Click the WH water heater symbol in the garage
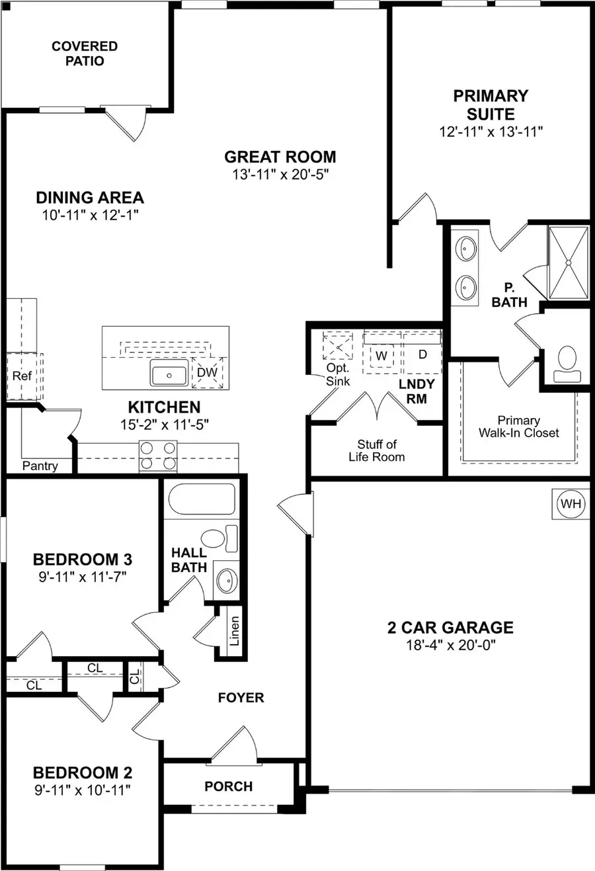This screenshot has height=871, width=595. coord(571,504)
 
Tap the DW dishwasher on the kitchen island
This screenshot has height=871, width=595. coord(208,372)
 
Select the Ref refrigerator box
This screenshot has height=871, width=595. coord(22,376)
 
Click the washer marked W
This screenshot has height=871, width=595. coord(381,354)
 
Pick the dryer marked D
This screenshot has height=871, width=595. coord(422,354)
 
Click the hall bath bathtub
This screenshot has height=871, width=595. coord(202,499)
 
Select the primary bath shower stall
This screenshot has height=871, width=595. coord(567,262)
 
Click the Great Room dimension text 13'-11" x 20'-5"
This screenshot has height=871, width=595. coord(280,175)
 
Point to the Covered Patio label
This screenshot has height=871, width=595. coord(85,54)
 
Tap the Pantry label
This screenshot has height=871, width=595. coord(40,466)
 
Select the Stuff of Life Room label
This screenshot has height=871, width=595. coord(377,450)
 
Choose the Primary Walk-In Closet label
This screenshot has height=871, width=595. coord(519,427)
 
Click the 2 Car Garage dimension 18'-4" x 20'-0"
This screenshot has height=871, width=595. coord(450,644)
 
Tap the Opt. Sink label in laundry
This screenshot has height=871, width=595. coord(338,374)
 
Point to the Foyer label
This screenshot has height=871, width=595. coord(241,698)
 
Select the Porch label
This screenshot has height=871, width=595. coord(228,786)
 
